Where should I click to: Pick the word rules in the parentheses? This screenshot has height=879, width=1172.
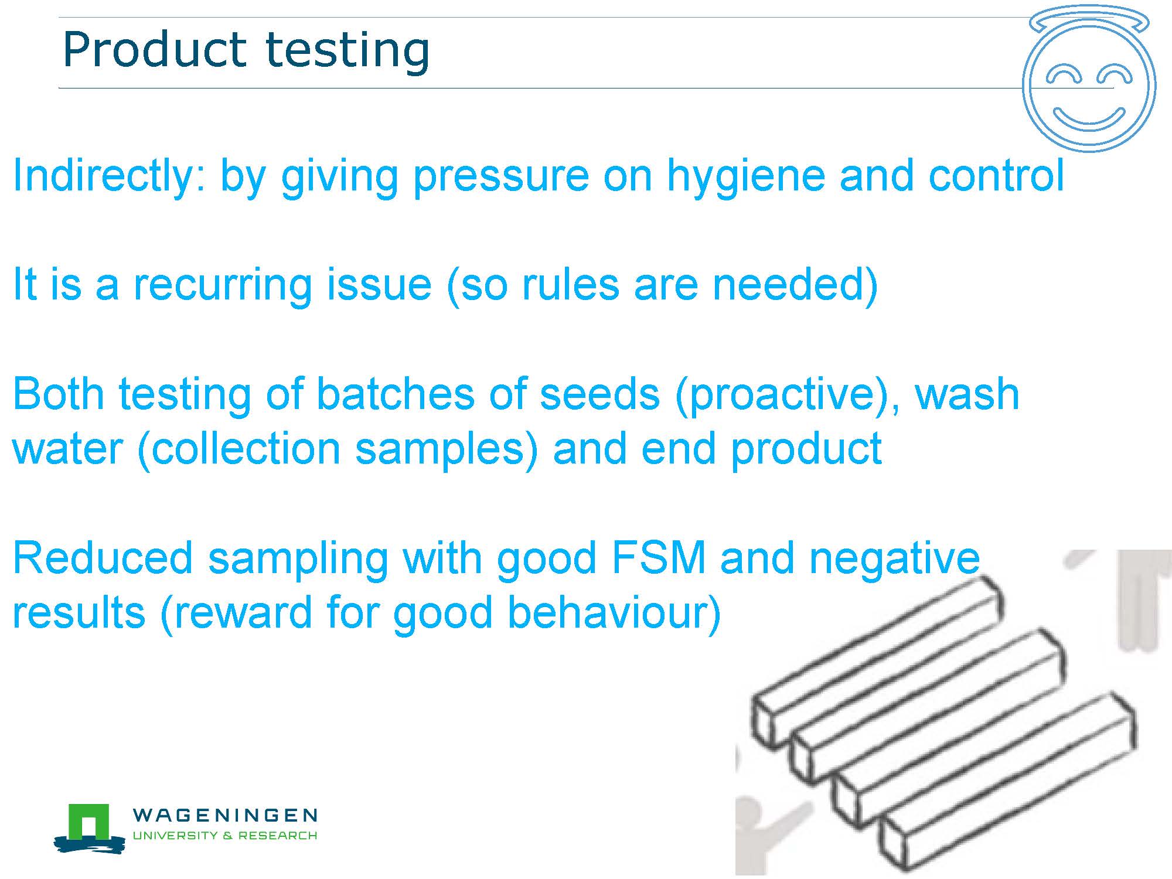click(x=570, y=285)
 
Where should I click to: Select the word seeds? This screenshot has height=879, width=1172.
click(x=599, y=394)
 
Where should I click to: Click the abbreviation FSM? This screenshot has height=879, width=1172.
click(x=658, y=558)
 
